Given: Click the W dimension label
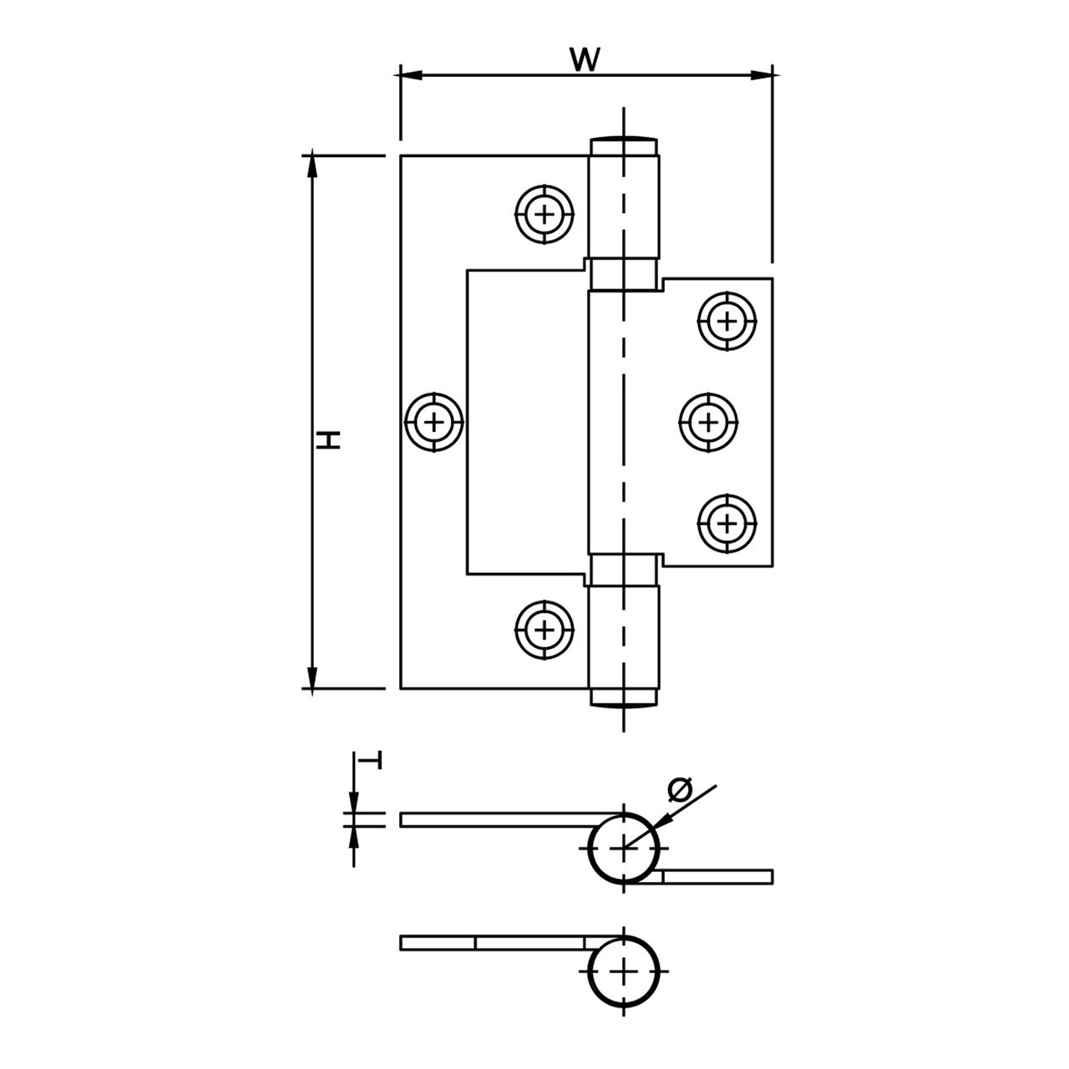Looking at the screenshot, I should coord(585,59).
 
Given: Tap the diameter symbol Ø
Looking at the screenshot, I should coord(681,788).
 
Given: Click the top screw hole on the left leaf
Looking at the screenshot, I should coord(545,215).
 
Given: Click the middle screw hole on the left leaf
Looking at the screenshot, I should coord(434,422).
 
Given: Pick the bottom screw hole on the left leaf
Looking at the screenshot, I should coord(545,628).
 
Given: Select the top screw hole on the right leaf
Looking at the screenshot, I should coord(727,320).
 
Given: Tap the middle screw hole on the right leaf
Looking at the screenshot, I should coord(708,422).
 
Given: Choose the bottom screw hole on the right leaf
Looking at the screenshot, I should coord(727,524).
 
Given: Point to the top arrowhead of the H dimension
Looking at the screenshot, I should coord(312,165).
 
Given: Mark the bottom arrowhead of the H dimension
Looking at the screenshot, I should coord(312,679).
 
